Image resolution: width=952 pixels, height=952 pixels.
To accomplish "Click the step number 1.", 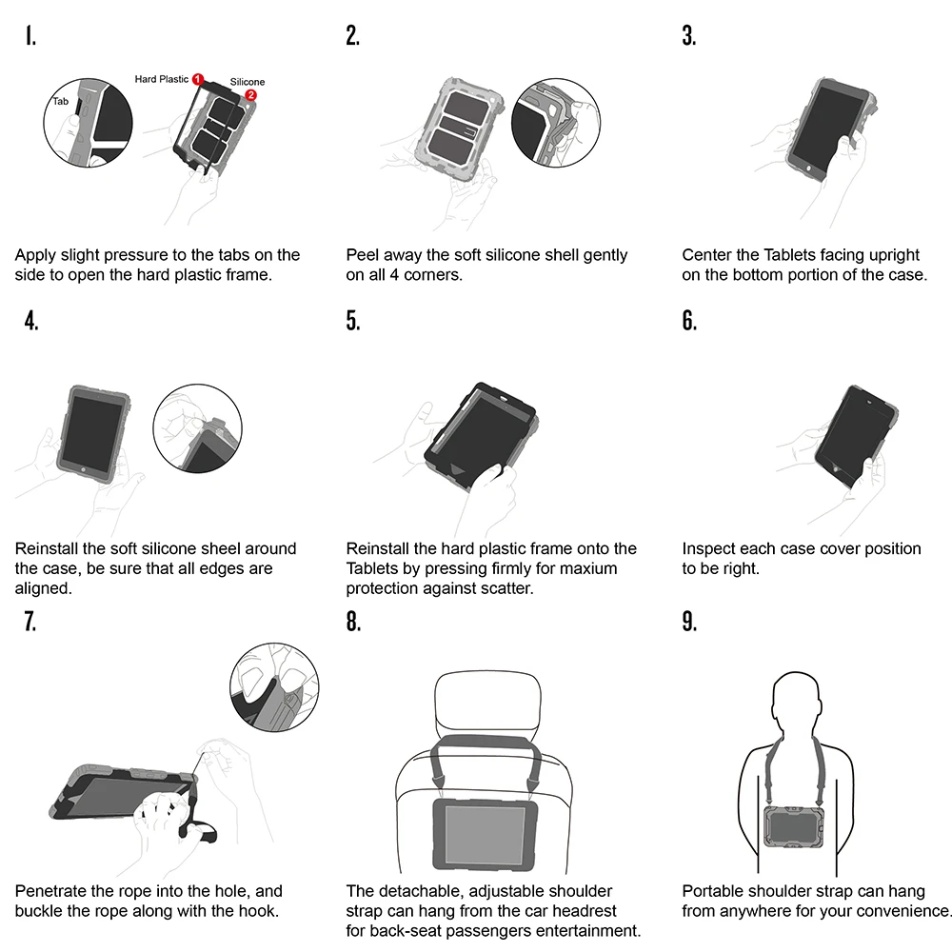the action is [31, 36].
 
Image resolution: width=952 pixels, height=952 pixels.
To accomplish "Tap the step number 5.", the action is [353, 321].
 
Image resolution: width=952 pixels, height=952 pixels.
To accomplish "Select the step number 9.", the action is [689, 622].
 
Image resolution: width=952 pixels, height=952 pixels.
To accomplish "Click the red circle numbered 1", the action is [198, 78].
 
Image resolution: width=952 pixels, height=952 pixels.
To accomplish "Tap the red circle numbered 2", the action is [250, 95].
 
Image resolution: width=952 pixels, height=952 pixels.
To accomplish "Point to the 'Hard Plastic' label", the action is [162, 79].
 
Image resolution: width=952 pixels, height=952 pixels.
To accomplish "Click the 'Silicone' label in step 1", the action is [248, 82].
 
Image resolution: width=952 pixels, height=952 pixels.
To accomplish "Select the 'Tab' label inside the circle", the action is [61, 100].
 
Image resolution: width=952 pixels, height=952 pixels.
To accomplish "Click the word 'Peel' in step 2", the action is [363, 255].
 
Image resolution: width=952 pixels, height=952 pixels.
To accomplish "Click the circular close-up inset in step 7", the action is [274, 687].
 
